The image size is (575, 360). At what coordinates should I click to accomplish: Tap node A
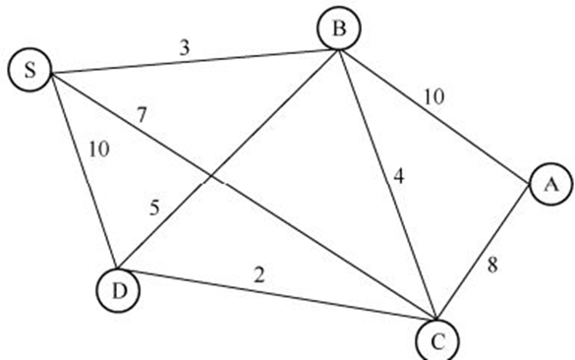[x=548, y=184]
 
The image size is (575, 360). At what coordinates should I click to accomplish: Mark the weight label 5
[x=155, y=209]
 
